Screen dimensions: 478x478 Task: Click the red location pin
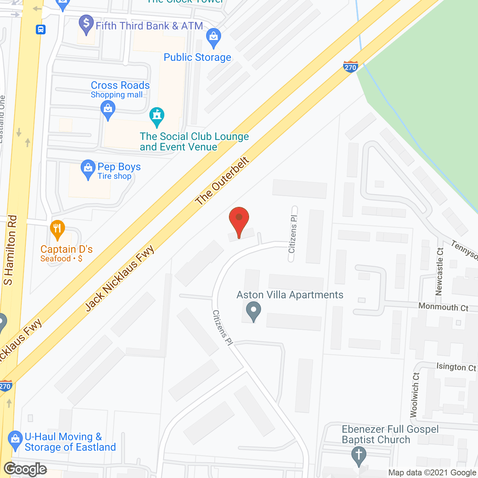[239, 218]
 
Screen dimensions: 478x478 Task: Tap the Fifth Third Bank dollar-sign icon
[86, 24]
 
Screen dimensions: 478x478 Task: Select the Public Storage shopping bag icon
[214, 37]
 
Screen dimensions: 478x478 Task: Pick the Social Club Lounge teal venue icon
[157, 116]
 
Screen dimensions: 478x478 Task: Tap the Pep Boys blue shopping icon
[88, 169]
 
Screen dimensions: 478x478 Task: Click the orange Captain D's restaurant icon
[57, 229]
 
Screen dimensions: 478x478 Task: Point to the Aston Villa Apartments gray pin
[254, 311]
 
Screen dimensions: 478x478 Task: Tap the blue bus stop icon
[41, 29]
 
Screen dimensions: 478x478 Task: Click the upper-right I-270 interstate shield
[350, 67]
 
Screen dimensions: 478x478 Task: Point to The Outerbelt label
[222, 181]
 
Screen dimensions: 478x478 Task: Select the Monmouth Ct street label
[443, 307]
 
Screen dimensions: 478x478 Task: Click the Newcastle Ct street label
[440, 271]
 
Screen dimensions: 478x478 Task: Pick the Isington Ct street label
[456, 367]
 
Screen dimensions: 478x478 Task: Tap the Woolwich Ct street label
[415, 395]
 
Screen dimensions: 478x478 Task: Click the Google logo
[25, 469]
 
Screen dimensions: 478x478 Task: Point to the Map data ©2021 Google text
[432, 473]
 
